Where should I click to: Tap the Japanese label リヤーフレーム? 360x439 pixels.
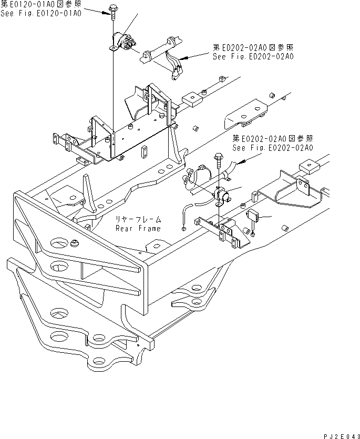click(138, 220)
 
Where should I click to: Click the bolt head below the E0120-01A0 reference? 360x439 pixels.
click(113, 8)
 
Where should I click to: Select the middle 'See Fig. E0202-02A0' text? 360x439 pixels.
click(273, 148)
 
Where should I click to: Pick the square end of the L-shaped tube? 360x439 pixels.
click(183, 228)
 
